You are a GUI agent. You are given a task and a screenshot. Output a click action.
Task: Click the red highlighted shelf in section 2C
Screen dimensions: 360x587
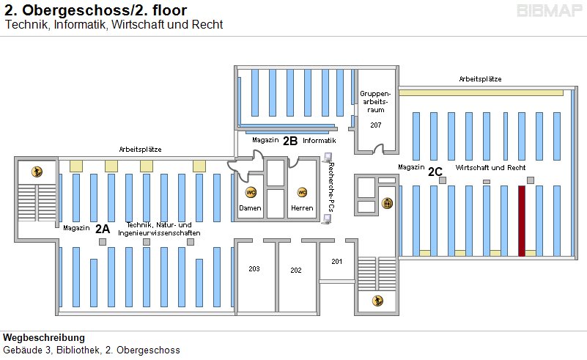point(522,220)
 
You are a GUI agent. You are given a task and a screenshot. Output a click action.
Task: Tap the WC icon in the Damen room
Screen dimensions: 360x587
point(251,192)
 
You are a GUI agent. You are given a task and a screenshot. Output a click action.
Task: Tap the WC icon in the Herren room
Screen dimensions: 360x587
point(301,192)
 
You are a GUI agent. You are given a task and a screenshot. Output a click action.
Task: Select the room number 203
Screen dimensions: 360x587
point(254,269)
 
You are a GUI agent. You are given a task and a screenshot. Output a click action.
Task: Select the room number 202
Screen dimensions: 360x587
point(296,271)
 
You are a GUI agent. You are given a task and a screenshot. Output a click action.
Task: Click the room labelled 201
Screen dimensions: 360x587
point(337,261)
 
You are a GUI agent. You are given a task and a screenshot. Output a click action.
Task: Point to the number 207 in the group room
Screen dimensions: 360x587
point(376,125)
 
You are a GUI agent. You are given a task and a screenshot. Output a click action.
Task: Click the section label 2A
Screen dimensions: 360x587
point(103,228)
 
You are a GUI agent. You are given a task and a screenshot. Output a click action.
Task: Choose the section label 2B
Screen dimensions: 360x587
point(290,140)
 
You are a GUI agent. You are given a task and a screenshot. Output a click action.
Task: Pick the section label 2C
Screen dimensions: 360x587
point(435,172)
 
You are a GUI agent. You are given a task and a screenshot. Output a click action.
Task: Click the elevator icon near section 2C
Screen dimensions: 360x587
point(388,203)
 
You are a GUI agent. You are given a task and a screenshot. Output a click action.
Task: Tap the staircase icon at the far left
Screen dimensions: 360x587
point(37,172)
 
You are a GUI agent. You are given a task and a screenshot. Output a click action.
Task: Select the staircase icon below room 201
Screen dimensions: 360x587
point(377,300)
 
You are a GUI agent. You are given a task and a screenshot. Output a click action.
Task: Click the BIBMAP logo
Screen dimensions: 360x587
point(549,11)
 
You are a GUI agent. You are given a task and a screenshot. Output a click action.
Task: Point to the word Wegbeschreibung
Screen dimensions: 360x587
point(44,338)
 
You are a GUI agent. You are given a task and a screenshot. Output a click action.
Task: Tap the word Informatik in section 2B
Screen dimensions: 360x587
point(319,140)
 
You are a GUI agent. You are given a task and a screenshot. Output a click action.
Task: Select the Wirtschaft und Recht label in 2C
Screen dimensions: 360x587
point(490,168)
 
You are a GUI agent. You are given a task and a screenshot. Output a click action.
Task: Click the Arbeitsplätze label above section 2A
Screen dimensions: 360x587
point(140,149)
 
